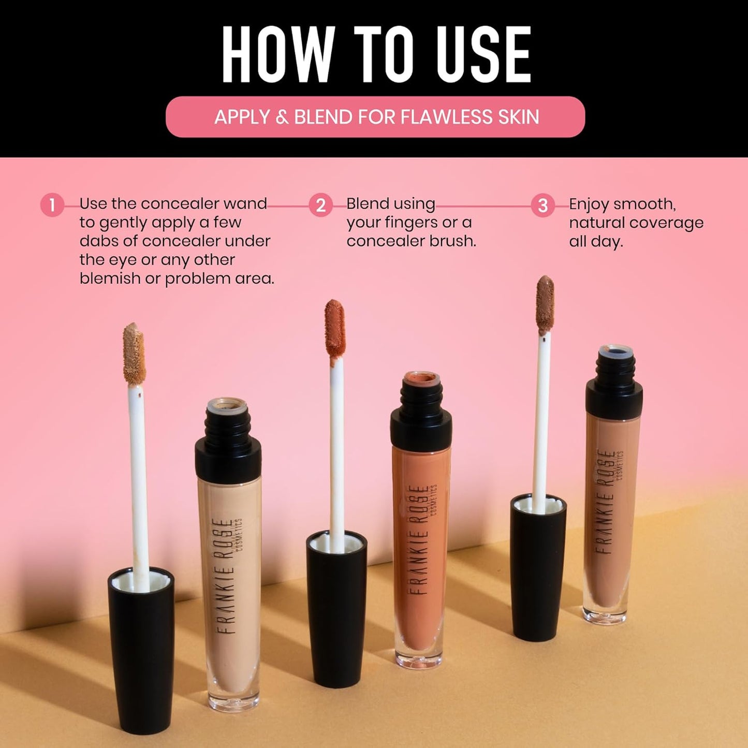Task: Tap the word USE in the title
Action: [x=483, y=54]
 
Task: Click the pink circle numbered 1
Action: [x=52, y=206]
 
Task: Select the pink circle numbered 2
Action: [x=320, y=206]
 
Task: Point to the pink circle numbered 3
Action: [x=542, y=206]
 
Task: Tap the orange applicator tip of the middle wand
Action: [x=335, y=328]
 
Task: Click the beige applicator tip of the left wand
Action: [x=134, y=354]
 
